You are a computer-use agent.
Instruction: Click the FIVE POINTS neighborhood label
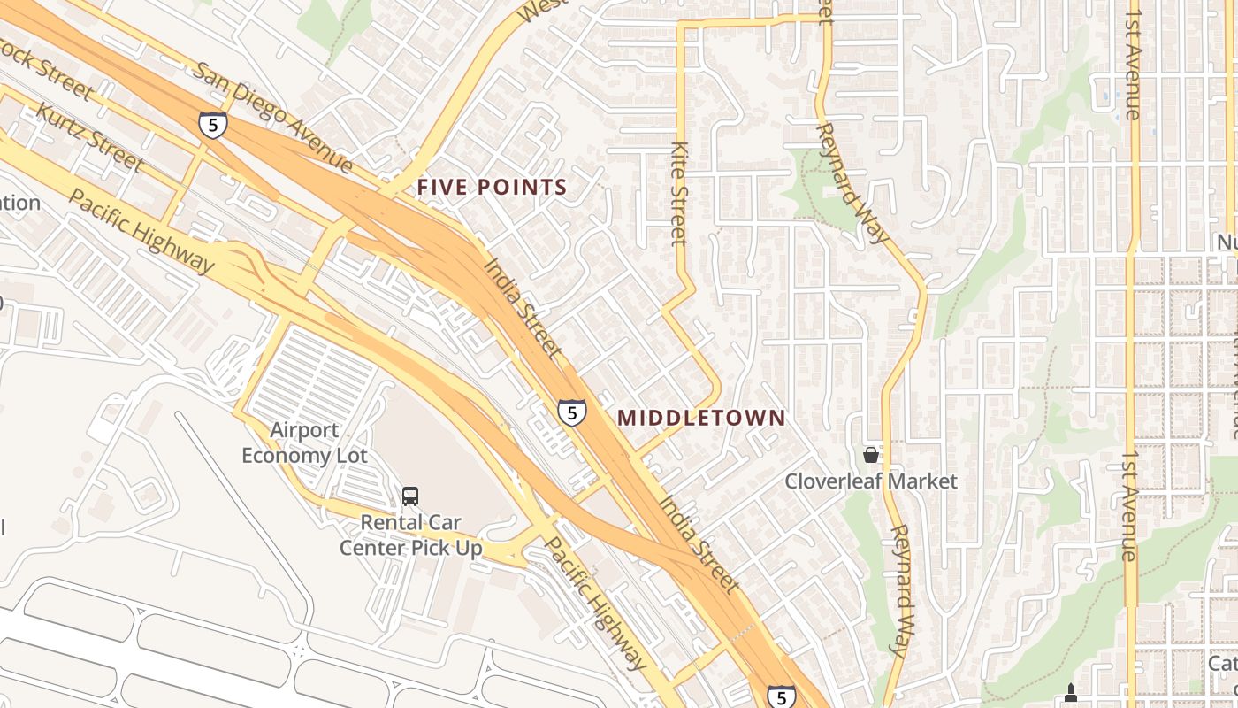(x=492, y=188)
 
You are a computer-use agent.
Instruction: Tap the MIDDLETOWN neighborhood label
(x=701, y=418)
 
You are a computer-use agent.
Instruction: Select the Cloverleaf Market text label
(x=871, y=481)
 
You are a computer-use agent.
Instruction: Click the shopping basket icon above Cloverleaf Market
(x=871, y=455)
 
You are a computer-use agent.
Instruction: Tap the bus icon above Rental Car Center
(x=409, y=496)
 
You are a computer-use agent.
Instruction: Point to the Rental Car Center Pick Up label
(x=411, y=535)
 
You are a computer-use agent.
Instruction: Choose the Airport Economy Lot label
(x=304, y=442)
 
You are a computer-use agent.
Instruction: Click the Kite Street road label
(x=679, y=193)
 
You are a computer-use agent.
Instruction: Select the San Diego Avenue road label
(x=272, y=117)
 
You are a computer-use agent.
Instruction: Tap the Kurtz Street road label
(x=88, y=137)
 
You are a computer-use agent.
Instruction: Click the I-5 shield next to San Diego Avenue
(x=212, y=124)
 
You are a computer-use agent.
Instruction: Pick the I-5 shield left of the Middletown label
(x=571, y=412)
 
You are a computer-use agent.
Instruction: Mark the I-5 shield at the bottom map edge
(x=780, y=697)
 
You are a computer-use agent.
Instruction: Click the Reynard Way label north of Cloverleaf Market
(x=851, y=182)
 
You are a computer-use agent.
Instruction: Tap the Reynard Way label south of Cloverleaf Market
(x=899, y=590)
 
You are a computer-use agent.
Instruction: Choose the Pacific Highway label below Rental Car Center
(x=595, y=603)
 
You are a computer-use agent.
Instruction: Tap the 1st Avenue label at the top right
(x=1133, y=59)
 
